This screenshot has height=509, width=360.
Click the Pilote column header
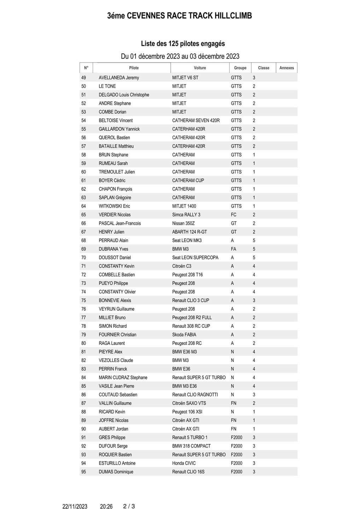click(134, 68)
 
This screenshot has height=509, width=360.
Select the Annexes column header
click(286, 68)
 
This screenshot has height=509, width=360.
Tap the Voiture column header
click(200, 68)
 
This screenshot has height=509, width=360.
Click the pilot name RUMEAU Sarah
click(113, 163)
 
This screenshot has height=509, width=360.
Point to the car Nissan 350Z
click(183, 223)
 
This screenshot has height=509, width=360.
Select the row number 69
click(83, 249)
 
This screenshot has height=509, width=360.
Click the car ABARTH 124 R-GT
click(190, 232)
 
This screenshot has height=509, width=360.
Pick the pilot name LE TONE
click(107, 86)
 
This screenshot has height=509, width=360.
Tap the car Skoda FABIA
click(184, 335)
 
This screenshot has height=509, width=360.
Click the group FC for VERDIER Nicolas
click(233, 215)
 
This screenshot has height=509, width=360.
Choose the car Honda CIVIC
click(184, 463)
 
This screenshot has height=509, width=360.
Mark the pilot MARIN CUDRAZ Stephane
click(123, 378)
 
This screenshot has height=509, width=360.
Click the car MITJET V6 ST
click(185, 78)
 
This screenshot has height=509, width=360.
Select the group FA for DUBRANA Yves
click(233, 249)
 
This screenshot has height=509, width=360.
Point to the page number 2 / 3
click(129, 506)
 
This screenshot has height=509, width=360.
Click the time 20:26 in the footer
click(106, 507)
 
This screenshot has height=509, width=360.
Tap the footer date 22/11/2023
click(75, 507)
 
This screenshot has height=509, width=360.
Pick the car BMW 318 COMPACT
click(191, 446)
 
